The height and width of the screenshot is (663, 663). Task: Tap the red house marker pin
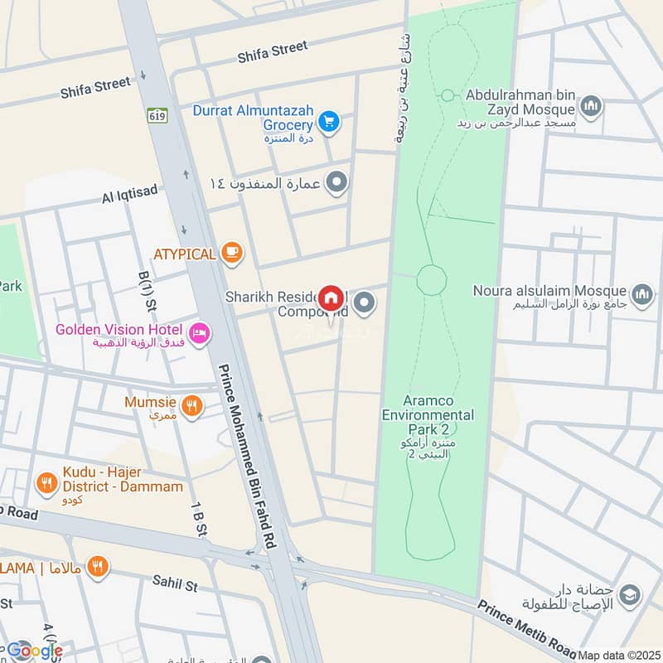pos(331,298)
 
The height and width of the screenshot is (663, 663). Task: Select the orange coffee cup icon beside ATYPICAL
pos(232,254)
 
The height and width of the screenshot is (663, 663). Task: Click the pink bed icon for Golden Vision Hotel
pos(200,334)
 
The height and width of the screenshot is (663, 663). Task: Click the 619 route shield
pos(158,115)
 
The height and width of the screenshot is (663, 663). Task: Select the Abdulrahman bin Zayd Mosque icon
pos(591,105)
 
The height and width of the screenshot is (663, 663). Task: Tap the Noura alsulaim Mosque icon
pos(642,293)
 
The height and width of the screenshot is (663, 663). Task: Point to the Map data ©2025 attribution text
pos(618,655)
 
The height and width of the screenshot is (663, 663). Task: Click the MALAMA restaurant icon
pos(98,566)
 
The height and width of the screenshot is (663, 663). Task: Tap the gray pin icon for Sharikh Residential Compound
pos(365,305)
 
